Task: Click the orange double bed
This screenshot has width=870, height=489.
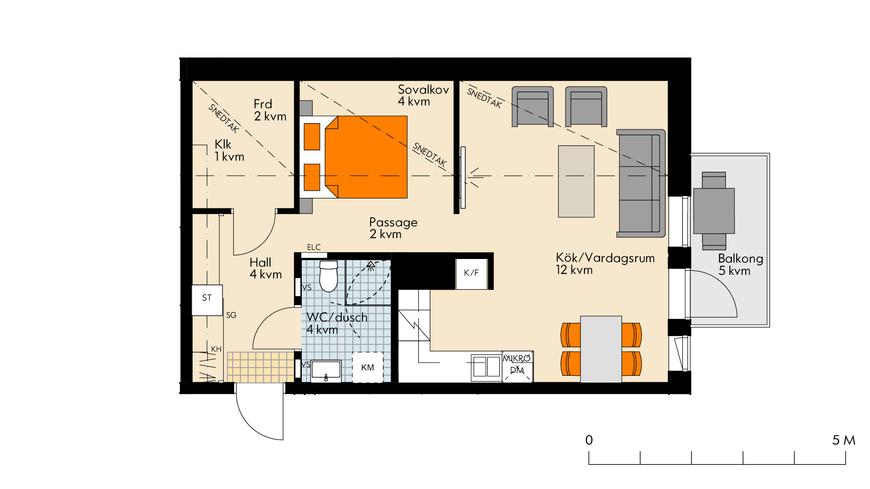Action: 353,157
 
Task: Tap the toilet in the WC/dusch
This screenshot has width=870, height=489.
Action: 329,276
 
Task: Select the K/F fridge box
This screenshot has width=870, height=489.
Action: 471,273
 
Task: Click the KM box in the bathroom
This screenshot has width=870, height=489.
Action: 367,367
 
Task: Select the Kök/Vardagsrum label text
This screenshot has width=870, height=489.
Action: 605,258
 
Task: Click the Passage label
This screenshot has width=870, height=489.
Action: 393,222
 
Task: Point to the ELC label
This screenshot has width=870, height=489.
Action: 314,247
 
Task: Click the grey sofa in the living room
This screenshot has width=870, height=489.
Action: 641,183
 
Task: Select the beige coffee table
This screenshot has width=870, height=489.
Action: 576,181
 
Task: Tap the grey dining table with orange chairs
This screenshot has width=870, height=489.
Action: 601,349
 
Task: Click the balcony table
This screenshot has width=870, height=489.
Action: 714,211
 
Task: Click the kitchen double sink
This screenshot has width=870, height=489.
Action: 486,367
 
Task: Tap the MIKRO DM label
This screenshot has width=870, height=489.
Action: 517,364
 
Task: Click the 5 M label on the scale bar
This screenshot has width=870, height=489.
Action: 844,440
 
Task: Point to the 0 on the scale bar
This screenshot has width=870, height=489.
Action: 589,440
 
